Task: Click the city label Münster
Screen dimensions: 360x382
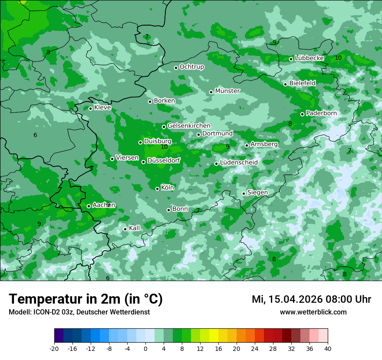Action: pyautogui.click(x=227, y=91)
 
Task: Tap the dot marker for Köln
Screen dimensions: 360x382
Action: pyautogui.click(x=158, y=189)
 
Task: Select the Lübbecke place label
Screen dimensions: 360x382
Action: pyautogui.click(x=309, y=58)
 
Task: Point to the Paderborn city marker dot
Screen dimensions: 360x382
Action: pyautogui.click(x=303, y=114)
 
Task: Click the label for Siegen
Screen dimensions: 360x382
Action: pyautogui.click(x=257, y=193)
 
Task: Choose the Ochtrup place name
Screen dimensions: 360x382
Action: pyautogui.click(x=191, y=67)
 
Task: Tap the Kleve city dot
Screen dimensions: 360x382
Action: pyautogui.click(x=90, y=108)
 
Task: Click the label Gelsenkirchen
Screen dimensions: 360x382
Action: pyautogui.click(x=189, y=126)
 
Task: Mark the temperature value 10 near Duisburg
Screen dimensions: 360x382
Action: pyautogui.click(x=164, y=147)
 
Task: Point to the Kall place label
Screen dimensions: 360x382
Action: pyautogui.click(x=135, y=228)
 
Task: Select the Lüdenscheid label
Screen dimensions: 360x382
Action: pyautogui.click(x=239, y=163)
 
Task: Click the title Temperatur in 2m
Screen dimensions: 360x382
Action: pyautogui.click(x=86, y=299)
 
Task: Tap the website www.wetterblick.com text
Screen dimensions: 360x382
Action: pyautogui.click(x=313, y=312)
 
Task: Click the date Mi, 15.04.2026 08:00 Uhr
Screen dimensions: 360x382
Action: pyautogui.click(x=311, y=299)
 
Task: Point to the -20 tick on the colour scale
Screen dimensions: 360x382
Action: pyautogui.click(x=54, y=349)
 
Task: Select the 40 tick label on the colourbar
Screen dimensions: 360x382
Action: pyautogui.click(x=328, y=349)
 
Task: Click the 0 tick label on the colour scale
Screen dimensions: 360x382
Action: pyautogui.click(x=145, y=349)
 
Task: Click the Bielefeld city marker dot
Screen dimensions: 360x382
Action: pyautogui.click(x=285, y=84)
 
